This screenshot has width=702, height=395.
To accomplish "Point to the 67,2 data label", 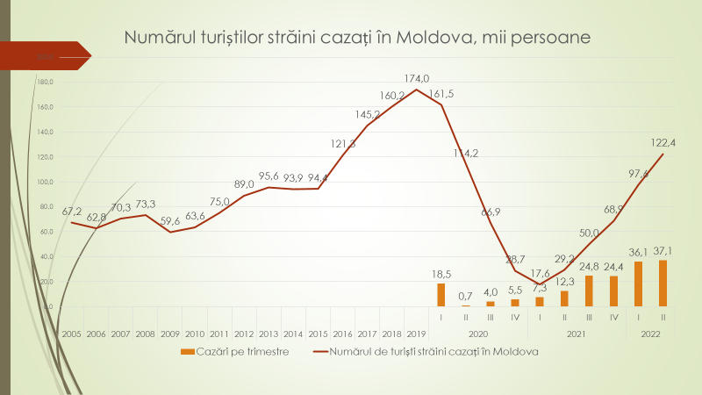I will [71, 212].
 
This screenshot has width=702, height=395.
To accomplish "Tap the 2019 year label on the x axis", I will [416, 334].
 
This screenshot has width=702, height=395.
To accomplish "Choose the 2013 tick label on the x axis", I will [269, 334].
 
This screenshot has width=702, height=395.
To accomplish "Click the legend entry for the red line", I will [426, 351].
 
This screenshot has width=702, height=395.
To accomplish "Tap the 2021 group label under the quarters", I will [576, 334].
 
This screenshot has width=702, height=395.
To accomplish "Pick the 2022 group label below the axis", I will [650, 334].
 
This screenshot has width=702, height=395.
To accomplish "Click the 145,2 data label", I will [367, 114].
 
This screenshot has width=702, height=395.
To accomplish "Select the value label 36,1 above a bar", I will [637, 250].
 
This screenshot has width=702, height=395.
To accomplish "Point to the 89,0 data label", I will [244, 184].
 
